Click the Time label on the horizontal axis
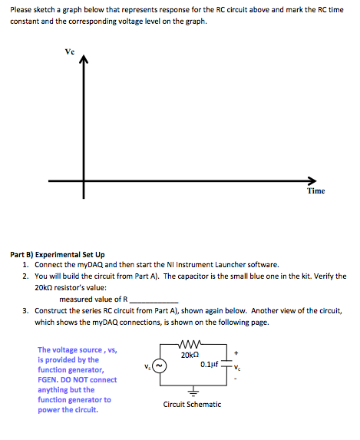click(x=315, y=192)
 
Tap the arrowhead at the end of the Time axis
click(x=309, y=181)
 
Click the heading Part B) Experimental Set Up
click(x=58, y=253)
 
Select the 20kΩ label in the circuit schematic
click(x=190, y=355)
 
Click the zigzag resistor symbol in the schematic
click(x=188, y=346)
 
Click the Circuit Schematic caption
click(x=193, y=404)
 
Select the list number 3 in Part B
click(x=25, y=311)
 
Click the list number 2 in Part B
click(x=25, y=276)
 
